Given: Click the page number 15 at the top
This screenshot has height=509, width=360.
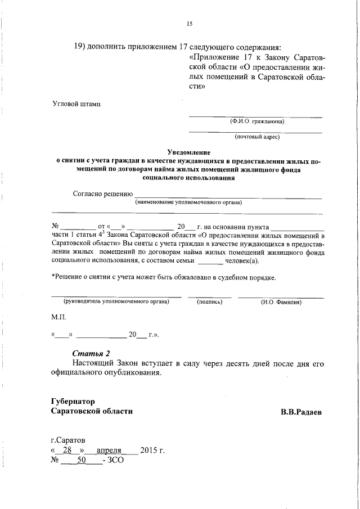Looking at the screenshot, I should coord(189,24).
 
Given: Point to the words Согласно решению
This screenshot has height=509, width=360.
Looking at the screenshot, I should coord(102,193).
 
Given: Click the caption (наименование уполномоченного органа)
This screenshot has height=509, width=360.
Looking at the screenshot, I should coord(188,202).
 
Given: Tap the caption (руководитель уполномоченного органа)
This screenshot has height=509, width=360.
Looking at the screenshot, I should coord(116,302).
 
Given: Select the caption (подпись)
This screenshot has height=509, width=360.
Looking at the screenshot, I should coord(209,302).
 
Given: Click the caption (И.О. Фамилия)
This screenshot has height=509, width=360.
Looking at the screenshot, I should coord(281,302).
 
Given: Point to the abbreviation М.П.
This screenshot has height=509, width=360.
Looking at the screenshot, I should coord(58,318).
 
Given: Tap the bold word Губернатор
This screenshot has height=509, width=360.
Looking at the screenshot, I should coord(76,401).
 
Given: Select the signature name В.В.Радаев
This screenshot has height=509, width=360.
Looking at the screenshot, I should coord(302,412).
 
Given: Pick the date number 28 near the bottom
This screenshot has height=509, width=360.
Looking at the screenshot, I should coord(67,450).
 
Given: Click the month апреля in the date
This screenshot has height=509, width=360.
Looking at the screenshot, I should coord(109,450).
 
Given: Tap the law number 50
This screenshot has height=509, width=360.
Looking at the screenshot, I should coord(81,460).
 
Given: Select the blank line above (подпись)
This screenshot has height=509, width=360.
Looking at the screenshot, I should coord(209,296).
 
